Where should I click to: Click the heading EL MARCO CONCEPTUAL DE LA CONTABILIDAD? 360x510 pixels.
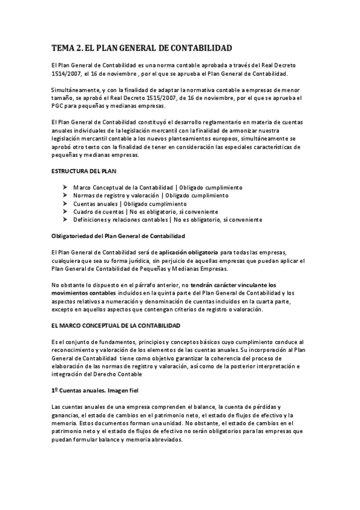pos(116,325)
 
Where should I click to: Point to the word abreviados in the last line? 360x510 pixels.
pos(163,440)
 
